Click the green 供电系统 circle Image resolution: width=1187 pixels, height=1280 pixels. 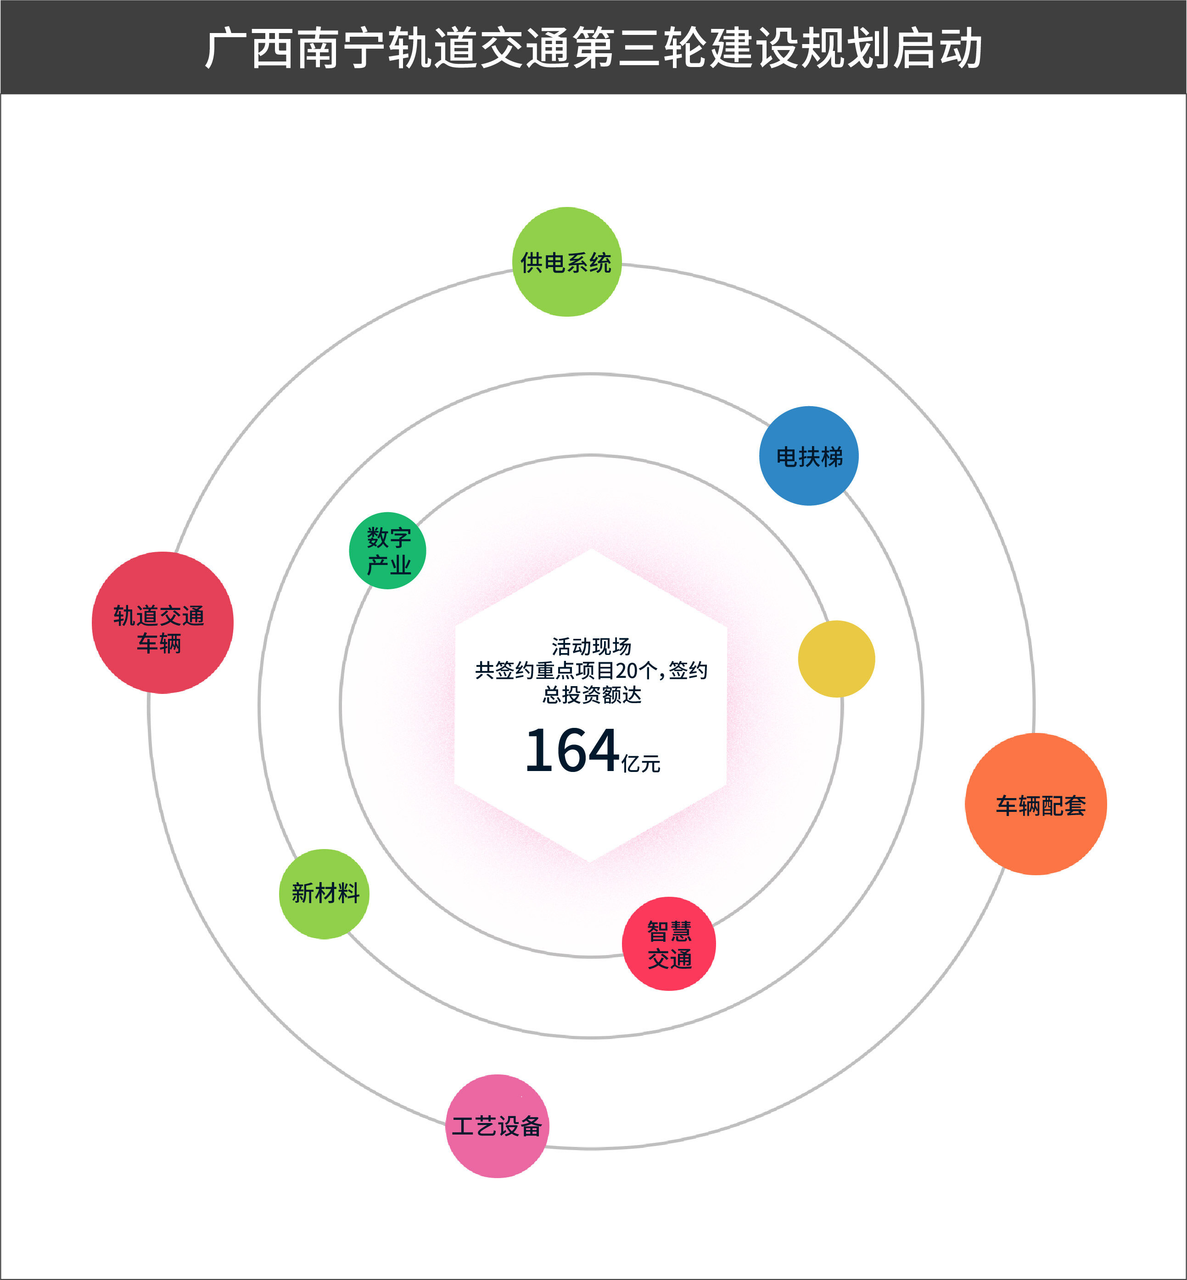pyautogui.click(x=566, y=262)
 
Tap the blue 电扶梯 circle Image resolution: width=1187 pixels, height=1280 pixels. pyautogui.click(x=809, y=456)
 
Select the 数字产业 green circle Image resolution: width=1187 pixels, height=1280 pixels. pyautogui.click(x=387, y=550)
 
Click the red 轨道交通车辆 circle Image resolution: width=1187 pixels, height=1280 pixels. pyautogui.click(x=162, y=622)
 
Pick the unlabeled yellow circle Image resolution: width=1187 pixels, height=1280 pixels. pyautogui.click(x=836, y=659)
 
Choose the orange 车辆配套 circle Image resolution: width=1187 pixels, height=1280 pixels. pyautogui.click(x=1036, y=804)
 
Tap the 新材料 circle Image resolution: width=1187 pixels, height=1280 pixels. pyautogui.click(x=325, y=894)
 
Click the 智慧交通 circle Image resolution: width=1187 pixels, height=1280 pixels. pyautogui.click(x=669, y=944)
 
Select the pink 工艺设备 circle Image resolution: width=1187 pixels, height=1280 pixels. pyautogui.click(x=497, y=1126)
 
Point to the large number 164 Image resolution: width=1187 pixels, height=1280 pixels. pyautogui.click(x=571, y=750)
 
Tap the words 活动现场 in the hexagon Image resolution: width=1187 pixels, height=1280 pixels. pyautogui.click(x=591, y=646)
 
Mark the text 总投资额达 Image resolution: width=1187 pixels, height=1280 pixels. pyautogui.click(x=591, y=695)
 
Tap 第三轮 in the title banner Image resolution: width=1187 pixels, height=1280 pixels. pyautogui.click(x=639, y=48)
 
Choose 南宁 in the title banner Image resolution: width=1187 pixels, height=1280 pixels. pyautogui.click(x=342, y=48)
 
